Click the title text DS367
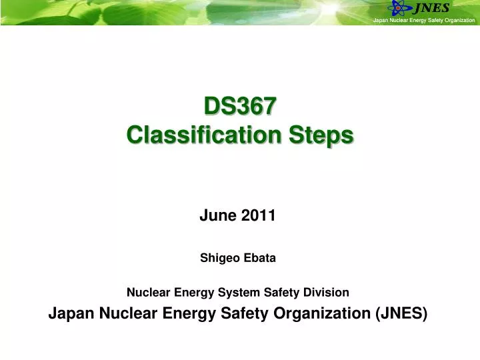tap(239, 106)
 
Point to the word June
tap(215, 215)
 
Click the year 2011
tap(259, 215)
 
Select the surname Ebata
tap(260, 258)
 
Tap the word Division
tap(325, 292)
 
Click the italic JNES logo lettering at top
tap(431, 9)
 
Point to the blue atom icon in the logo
tap(400, 9)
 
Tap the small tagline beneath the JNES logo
tap(423, 21)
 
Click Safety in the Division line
tap(277, 292)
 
